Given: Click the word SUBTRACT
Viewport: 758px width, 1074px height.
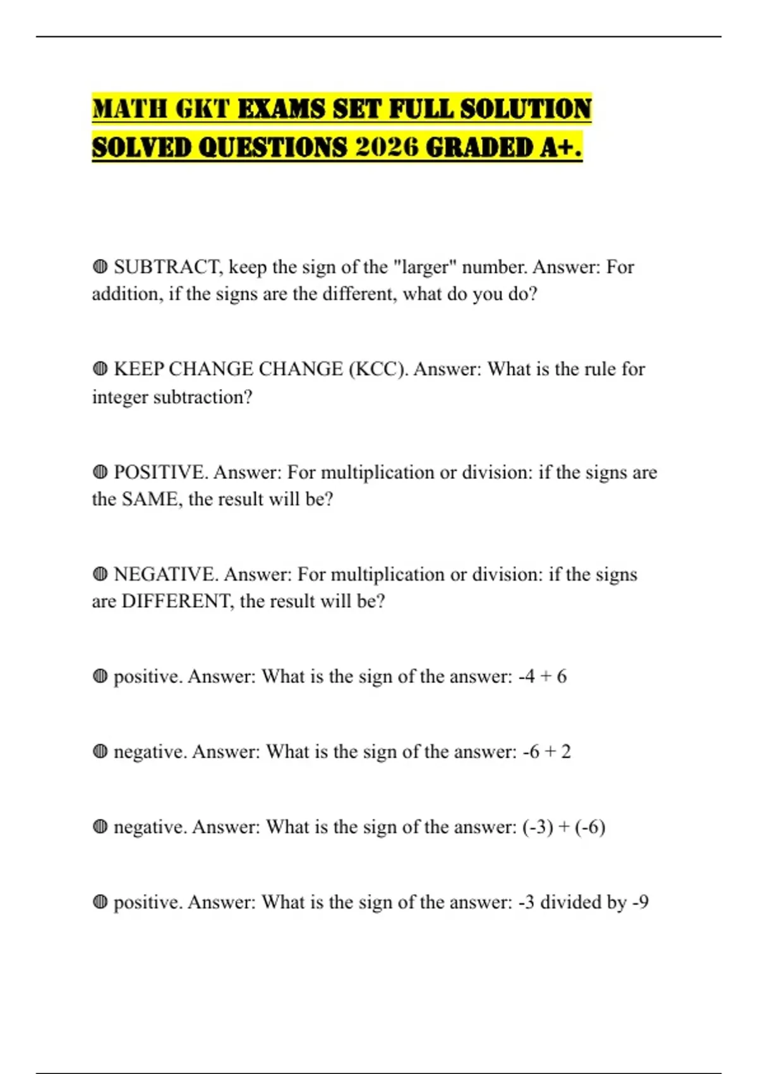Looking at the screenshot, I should (168, 267).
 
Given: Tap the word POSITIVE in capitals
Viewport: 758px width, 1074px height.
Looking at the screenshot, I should (161, 472).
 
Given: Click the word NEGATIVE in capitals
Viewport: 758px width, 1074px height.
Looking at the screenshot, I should (166, 574).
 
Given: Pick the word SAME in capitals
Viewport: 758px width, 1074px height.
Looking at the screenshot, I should (149, 499).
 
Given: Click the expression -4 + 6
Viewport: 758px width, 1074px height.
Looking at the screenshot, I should (543, 677).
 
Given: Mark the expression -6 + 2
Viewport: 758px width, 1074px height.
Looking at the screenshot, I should (547, 752).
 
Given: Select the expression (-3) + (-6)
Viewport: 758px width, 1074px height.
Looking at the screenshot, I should (564, 827).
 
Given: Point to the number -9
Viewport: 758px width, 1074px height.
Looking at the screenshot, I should (641, 902).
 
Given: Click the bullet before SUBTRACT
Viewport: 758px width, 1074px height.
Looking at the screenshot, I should (100, 267).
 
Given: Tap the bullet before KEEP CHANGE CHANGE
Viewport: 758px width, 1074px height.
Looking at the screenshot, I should (100, 369).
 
